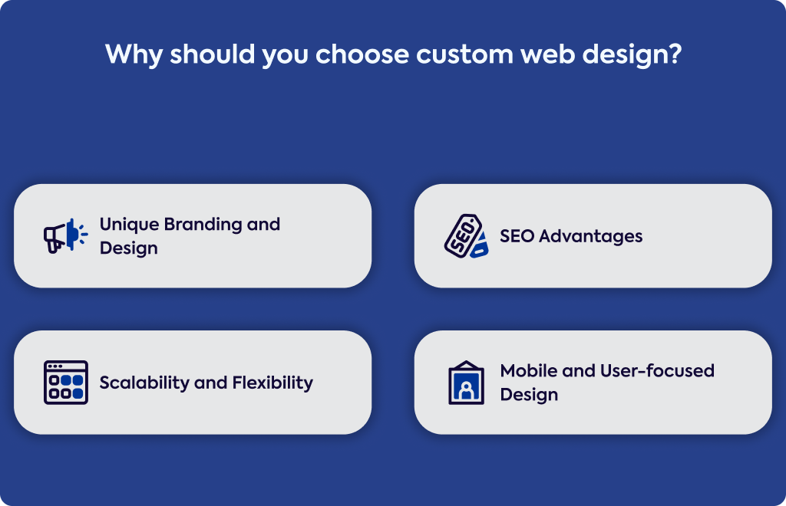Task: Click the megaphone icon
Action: pyautogui.click(x=66, y=235)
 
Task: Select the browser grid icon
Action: pyautogui.click(x=66, y=383)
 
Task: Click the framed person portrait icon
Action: pyautogui.click(x=466, y=383)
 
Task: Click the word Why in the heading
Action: pyautogui.click(x=134, y=54)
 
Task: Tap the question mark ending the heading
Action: pyautogui.click(x=675, y=54)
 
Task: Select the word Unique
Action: pyautogui.click(x=129, y=225)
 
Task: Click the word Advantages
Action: pyautogui.click(x=590, y=236)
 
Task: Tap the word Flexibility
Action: pyautogui.click(x=272, y=383)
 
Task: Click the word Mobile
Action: pyautogui.click(x=529, y=371)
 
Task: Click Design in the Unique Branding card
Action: pyautogui.click(x=129, y=248)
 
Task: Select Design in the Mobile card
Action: pyautogui.click(x=530, y=395)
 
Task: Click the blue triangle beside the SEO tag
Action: pyautogui.click(x=480, y=245)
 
